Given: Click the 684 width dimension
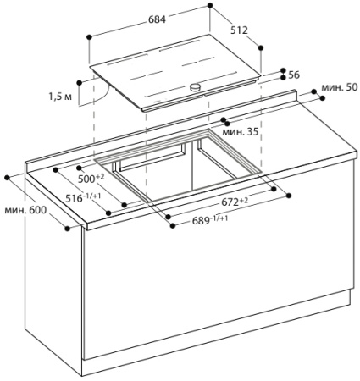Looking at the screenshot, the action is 158,19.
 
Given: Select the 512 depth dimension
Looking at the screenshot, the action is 239,30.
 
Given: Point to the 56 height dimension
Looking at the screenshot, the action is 294,75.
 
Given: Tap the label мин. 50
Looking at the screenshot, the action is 340,87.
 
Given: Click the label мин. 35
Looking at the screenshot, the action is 241,131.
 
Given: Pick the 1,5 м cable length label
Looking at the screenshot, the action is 60,97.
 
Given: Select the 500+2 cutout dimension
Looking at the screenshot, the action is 91,178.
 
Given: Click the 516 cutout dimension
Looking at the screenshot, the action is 83,197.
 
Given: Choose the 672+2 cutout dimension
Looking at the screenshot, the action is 235,202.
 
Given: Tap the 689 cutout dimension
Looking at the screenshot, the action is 210,220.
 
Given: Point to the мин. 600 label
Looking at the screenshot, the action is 25,210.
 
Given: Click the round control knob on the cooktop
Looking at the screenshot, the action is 195,87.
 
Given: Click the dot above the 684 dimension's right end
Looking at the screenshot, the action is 210,5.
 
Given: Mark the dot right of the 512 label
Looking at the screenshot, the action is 261,47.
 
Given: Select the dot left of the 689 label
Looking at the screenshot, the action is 173,225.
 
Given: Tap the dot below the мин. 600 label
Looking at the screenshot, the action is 67,229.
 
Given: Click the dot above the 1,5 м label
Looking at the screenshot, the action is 80,82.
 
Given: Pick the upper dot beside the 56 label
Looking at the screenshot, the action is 283,70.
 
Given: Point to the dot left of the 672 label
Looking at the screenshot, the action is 169,217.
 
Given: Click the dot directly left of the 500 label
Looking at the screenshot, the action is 79,168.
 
